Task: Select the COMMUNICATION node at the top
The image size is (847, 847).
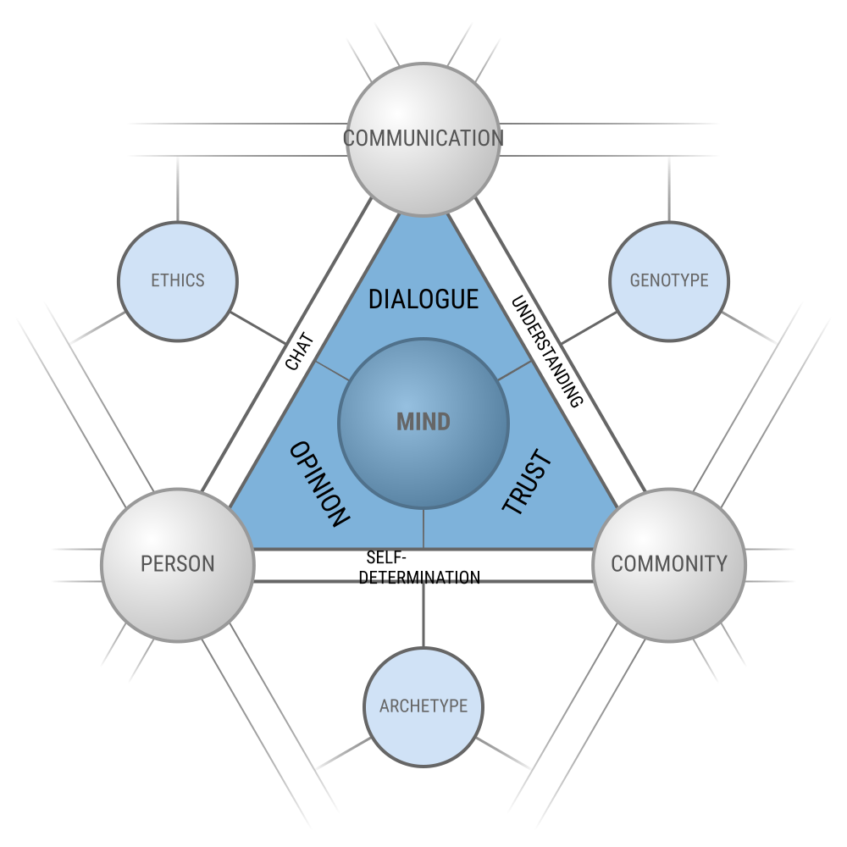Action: [423, 138]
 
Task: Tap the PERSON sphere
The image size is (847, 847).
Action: [178, 563]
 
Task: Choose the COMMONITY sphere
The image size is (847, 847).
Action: [669, 563]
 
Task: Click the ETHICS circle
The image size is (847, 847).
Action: [178, 280]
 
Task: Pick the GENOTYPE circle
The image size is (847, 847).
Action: [669, 280]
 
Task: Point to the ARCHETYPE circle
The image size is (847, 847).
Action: [423, 706]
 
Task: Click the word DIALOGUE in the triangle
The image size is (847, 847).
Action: [423, 299]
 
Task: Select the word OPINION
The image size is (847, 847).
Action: [319, 484]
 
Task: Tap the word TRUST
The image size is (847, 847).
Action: [527, 484]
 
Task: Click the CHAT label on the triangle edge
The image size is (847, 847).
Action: [300, 352]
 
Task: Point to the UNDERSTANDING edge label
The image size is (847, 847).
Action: [547, 351]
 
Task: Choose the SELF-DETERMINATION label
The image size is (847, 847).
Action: [423, 567]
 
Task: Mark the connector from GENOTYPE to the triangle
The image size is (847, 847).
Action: [589, 329]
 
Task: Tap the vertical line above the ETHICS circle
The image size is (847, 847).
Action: [178, 188]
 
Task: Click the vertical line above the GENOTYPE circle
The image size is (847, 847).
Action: [669, 188]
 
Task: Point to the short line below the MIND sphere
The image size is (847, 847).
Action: [423, 529]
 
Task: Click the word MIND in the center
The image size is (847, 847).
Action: [423, 422]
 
